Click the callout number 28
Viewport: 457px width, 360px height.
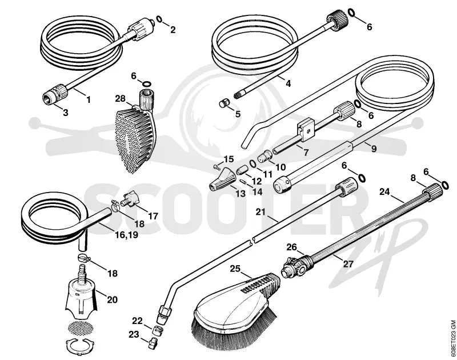click(x=120, y=98)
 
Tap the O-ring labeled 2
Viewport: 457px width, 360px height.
click(x=160, y=19)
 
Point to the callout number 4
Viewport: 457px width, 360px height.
click(x=288, y=83)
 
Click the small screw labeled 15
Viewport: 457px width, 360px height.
click(x=216, y=167)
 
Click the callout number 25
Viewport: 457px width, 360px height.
click(x=235, y=268)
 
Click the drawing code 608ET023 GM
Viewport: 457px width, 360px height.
click(x=452, y=338)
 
